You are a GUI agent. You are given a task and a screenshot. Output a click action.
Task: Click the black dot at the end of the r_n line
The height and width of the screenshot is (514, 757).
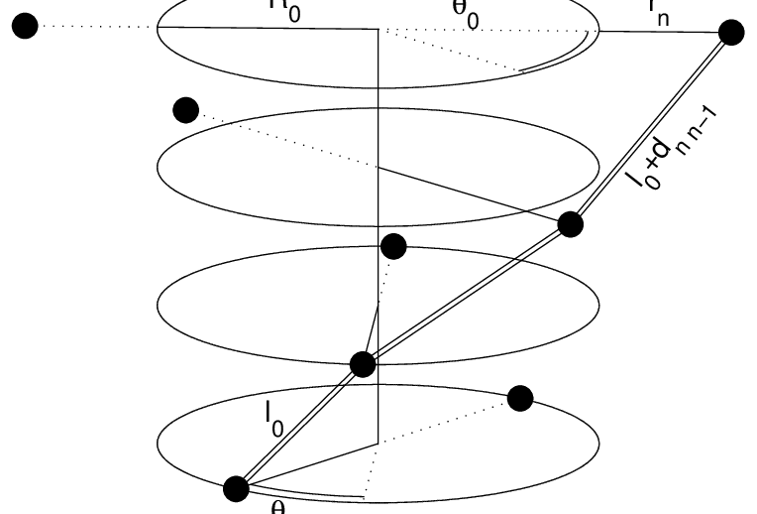click(730, 34)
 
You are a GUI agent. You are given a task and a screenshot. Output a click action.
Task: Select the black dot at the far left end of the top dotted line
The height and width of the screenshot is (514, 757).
click(26, 27)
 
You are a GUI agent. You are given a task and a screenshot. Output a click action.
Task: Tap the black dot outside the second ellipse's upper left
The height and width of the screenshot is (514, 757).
click(184, 110)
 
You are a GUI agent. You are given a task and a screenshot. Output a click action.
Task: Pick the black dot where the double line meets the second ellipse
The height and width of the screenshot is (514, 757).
click(570, 224)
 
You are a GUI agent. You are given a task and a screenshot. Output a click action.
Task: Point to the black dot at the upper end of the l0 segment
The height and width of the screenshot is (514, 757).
click(363, 365)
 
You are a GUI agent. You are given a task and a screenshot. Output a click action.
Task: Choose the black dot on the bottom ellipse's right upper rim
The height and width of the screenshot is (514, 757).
click(519, 399)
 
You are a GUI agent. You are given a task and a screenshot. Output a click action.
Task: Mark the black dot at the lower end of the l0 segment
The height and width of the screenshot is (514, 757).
click(236, 488)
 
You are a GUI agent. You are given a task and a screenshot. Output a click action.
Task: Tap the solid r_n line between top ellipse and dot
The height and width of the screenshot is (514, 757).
click(659, 32)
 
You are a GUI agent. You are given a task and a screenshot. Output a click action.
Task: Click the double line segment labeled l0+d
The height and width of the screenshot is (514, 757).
click(649, 129)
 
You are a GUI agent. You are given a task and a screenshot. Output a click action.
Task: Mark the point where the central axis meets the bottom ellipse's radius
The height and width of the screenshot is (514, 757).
click(378, 441)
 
